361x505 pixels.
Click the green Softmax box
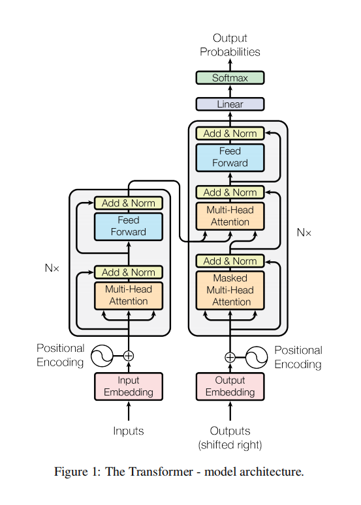(230, 78)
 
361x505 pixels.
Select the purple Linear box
(230, 104)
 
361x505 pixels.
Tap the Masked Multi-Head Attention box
(230, 290)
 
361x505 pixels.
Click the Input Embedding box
(129, 386)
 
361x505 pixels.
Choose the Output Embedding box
(230, 386)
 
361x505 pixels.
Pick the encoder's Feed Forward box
(129, 226)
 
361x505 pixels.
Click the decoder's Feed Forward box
(230, 157)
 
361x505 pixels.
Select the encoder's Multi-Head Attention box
(129, 295)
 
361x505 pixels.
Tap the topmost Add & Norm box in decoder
(230, 134)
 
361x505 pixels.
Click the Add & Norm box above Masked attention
(230, 261)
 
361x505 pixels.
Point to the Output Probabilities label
(230, 45)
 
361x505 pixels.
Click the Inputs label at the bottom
(129, 431)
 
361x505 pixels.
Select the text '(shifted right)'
(230, 445)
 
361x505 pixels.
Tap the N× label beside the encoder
(52, 268)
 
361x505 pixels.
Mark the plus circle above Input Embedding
(129, 356)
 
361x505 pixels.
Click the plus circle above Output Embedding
(230, 356)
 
